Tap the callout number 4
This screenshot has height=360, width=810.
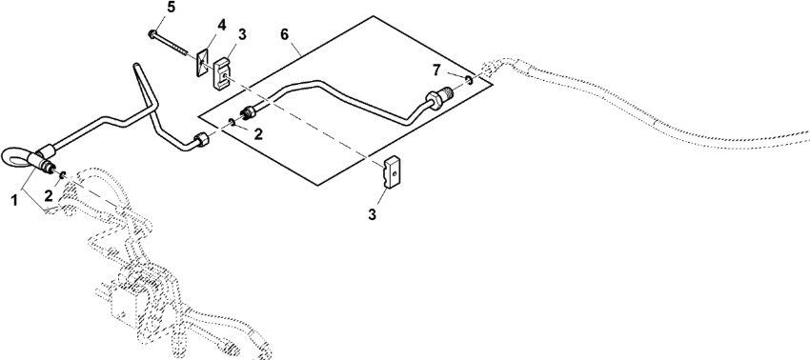coord(221,25)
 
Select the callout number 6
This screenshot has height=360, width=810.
coord(285,35)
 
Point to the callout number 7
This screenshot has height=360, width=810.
coord(437,70)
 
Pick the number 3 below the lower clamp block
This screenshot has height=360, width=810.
coord(373,214)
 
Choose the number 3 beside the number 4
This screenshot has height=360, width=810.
coord(242,35)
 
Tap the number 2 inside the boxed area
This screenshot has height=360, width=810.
coord(258,134)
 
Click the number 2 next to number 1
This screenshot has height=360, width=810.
coord(48,196)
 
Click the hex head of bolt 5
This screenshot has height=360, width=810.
coord(152,34)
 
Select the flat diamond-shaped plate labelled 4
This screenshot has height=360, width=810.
coord(202,63)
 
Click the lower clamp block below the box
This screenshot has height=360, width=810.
coord(393,170)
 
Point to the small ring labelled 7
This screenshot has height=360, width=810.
coord(468,80)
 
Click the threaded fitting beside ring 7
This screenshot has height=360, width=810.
coord(438,97)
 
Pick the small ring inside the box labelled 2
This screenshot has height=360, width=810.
coord(232,121)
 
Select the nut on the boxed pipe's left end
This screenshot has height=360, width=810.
coord(249,111)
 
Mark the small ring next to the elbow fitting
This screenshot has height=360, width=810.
coord(63,174)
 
